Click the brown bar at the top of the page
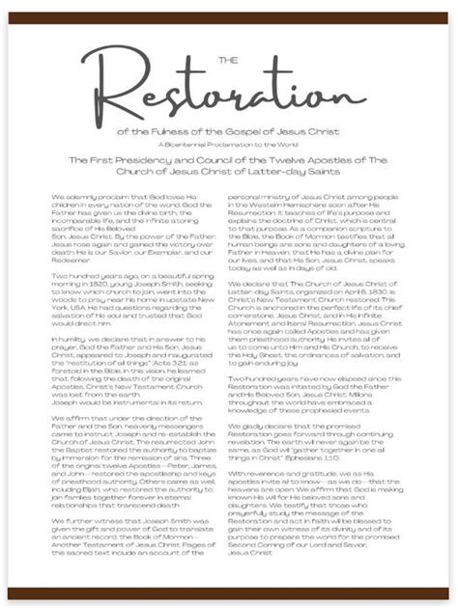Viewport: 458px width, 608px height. (x=229, y=11)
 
